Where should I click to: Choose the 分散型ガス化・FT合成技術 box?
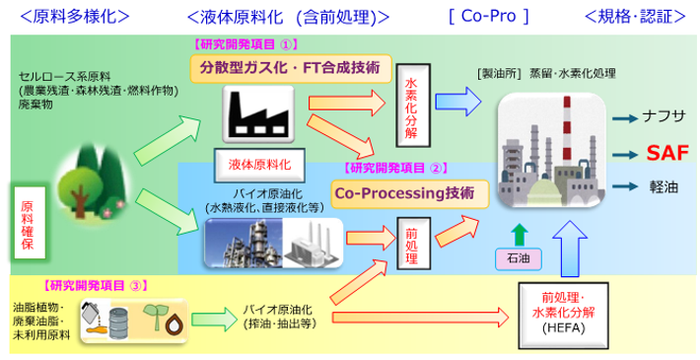tap(291, 68)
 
